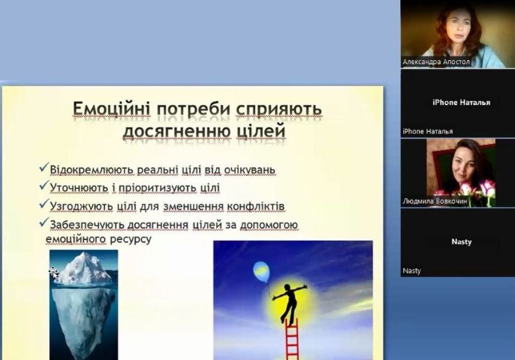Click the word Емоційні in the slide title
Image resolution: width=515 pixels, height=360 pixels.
point(111,109)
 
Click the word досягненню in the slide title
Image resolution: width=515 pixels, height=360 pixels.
point(176,131)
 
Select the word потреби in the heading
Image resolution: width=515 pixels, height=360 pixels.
point(193,110)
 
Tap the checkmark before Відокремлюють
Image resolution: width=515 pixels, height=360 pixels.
point(44,167)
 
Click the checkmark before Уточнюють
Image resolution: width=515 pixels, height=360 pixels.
point(44,185)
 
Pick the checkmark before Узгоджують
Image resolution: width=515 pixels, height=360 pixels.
point(44,203)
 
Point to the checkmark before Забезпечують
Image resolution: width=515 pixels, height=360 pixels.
point(44,222)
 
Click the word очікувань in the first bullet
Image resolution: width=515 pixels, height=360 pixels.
point(250,170)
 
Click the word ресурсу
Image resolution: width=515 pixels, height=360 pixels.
point(130,239)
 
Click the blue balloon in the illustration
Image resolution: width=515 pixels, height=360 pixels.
point(262,272)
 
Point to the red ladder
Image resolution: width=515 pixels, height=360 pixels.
point(292,339)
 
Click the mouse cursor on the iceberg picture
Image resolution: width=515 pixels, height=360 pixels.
point(54,273)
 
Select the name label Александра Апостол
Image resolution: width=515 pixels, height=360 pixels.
point(436,62)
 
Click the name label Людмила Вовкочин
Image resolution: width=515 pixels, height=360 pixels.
point(435,201)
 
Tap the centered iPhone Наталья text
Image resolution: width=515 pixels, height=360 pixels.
point(461,103)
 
